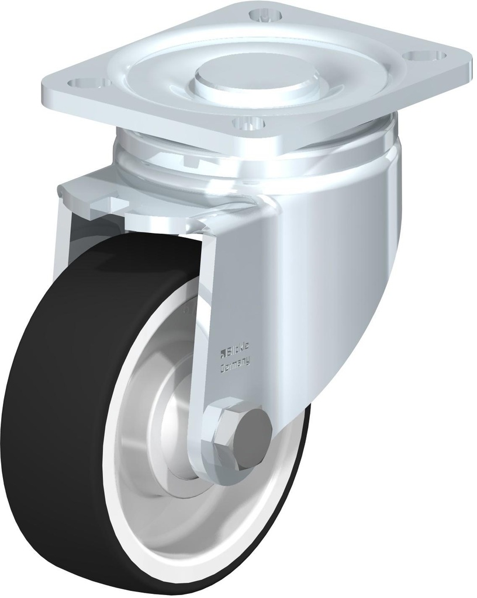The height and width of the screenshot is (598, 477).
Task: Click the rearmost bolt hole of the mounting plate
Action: [258, 13]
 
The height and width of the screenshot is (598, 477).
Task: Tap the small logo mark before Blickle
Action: [223, 351]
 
